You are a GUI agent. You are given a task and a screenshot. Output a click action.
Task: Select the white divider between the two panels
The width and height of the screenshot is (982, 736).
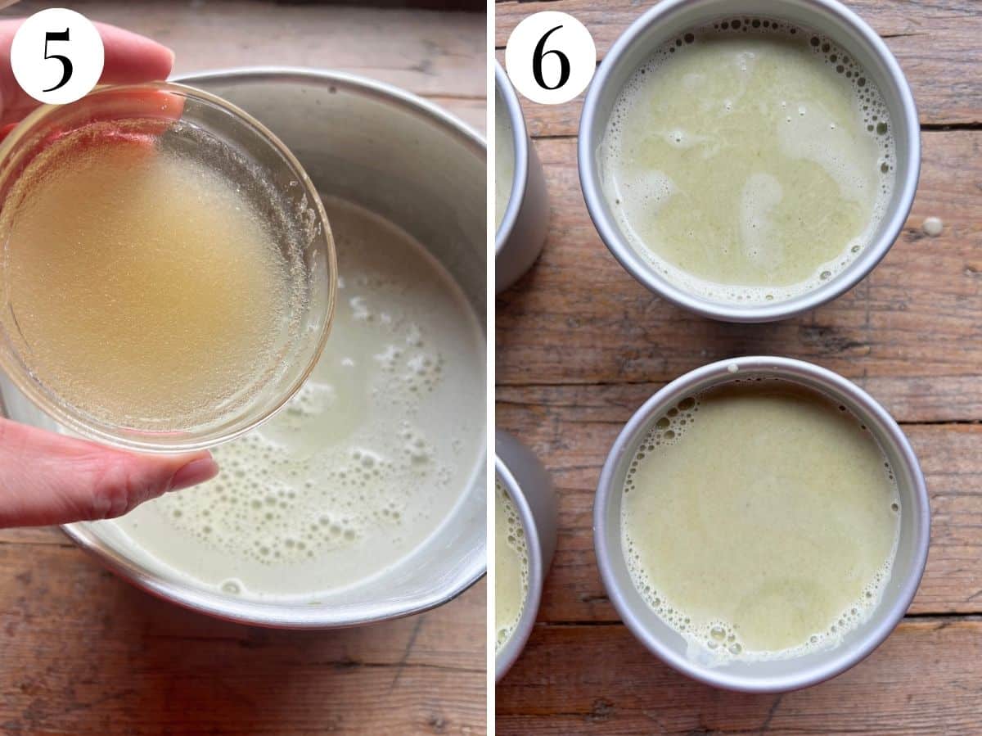[491, 368]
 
